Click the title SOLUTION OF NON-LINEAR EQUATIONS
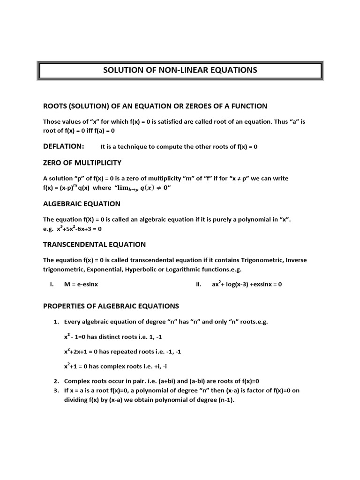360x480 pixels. [x=180, y=70]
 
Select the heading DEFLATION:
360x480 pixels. [x=64, y=146]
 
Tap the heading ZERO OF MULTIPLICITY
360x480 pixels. [x=82, y=163]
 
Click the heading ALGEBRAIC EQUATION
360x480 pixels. [x=82, y=203]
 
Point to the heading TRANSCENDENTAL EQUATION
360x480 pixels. [x=94, y=244]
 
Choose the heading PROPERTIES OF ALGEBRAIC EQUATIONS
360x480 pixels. [x=111, y=306]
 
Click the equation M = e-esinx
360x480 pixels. [x=81, y=284]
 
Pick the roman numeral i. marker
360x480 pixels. [x=52, y=284]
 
